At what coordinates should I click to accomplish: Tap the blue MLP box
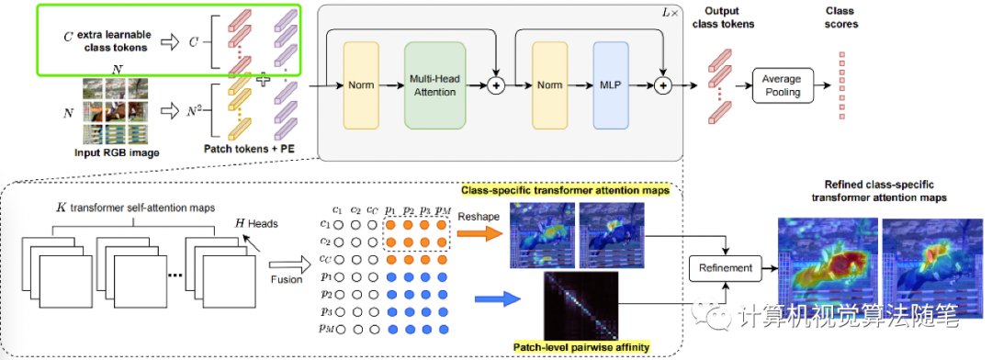(x=611, y=85)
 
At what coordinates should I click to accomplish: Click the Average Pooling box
(x=783, y=85)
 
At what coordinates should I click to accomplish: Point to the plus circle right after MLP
(x=664, y=85)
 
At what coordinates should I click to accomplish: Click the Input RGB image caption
(x=112, y=152)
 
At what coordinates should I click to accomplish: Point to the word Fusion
(x=285, y=280)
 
